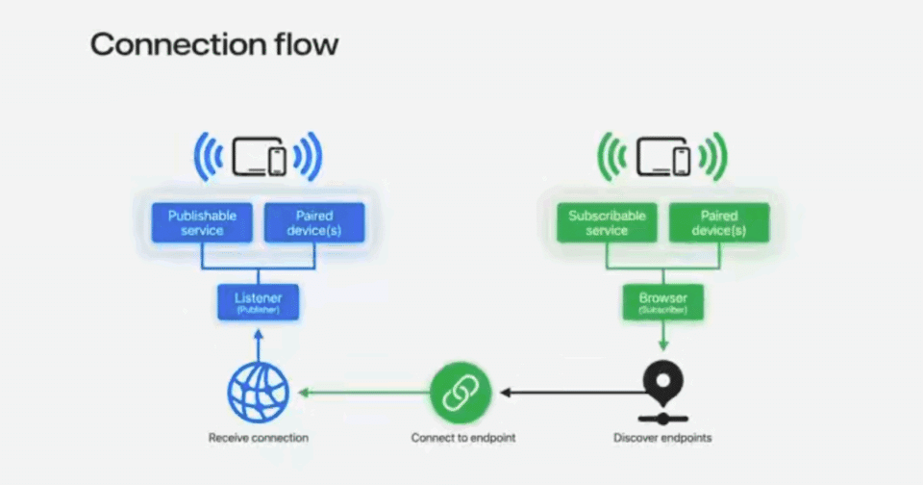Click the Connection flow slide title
tap(213, 44)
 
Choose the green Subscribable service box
tap(607, 222)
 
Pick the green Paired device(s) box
tap(719, 222)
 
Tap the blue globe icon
tap(258, 392)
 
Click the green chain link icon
tap(460, 392)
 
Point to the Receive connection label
tap(258, 438)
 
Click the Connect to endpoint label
tap(462, 438)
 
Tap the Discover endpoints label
tap(662, 438)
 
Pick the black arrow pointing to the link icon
tap(567, 392)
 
